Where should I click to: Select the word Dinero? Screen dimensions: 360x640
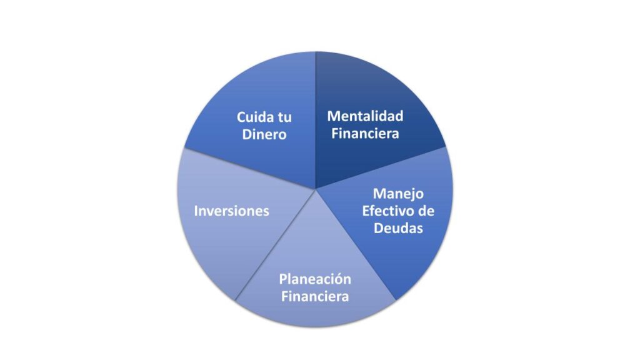point(264,134)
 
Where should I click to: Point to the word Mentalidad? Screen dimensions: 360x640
point(366,116)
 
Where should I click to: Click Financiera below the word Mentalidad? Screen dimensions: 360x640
point(365,133)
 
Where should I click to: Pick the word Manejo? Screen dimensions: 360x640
point(398,193)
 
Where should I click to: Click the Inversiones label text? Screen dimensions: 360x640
point(231,211)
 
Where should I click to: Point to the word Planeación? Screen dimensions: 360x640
point(315,278)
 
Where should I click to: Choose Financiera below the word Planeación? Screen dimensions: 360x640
point(315,296)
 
